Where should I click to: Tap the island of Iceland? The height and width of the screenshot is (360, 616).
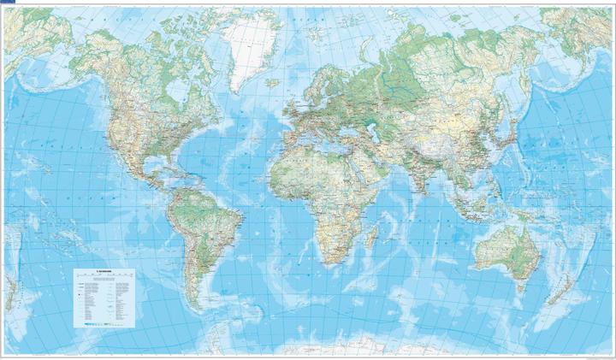272,83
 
